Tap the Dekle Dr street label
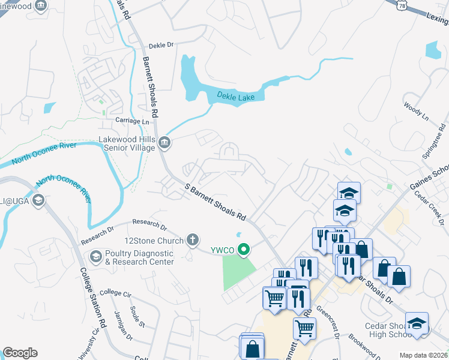point(160,45)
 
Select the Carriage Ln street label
point(132,121)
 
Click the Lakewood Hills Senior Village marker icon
point(164,143)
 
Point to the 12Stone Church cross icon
point(193,240)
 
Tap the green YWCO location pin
point(244,250)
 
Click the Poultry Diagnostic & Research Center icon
point(95,257)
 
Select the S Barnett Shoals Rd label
point(215,202)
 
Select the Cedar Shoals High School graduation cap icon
point(417,323)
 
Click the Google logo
point(20,352)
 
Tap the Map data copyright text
point(423,355)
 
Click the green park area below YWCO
point(238,272)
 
